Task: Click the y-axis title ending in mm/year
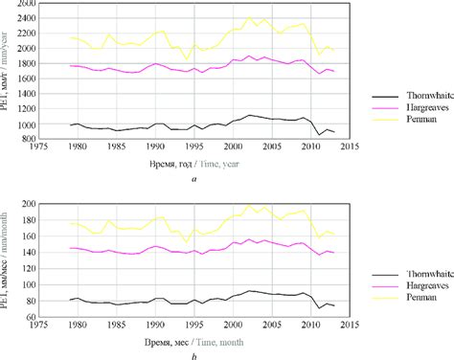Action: pyautogui.click(x=9, y=72)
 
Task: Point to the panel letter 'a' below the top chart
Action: pyautogui.click(x=194, y=178)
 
